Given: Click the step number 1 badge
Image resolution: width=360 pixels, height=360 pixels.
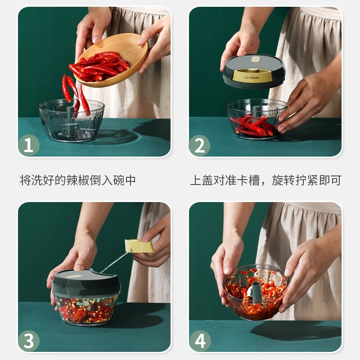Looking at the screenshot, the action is coord(29,145).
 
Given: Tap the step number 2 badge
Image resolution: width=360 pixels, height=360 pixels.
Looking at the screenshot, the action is coord(199,145).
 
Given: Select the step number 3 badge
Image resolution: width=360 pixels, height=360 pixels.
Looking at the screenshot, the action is coord(29,341).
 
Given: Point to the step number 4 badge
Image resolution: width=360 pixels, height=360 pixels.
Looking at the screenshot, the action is coord(200,341).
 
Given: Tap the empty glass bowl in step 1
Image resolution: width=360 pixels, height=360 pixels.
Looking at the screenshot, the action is coord(72,120).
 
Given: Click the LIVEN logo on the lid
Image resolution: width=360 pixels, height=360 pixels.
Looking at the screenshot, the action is coord(252,77).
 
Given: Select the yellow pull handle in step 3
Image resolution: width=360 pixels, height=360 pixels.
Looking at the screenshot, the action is coord(139,246).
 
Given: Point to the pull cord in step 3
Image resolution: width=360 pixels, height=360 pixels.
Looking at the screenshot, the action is coord(115,262).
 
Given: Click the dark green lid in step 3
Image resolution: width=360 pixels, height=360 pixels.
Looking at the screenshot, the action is coord(86,282).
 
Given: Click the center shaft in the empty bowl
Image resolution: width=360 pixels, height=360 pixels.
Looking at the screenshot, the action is coord(70,121).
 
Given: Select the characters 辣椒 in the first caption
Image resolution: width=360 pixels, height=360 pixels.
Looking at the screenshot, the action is coord(77,180).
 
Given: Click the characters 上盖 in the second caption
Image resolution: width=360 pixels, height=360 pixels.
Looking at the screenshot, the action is coord(202,180).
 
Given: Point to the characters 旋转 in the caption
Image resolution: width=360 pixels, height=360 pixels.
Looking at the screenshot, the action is coord(283,180).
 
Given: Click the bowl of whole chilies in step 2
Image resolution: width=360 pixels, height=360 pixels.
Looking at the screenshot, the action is coord(256,119).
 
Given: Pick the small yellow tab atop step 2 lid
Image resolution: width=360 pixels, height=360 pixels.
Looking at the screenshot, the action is coord(255,59).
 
